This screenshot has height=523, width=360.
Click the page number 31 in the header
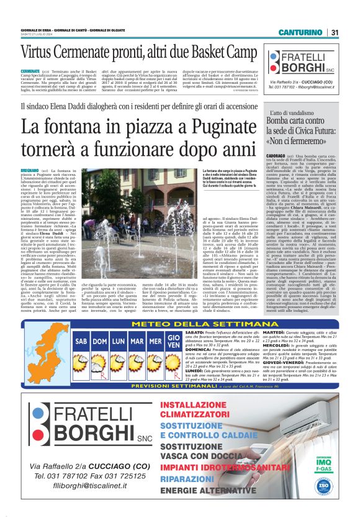(335, 32)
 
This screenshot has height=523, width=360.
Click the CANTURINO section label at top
(300, 32)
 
